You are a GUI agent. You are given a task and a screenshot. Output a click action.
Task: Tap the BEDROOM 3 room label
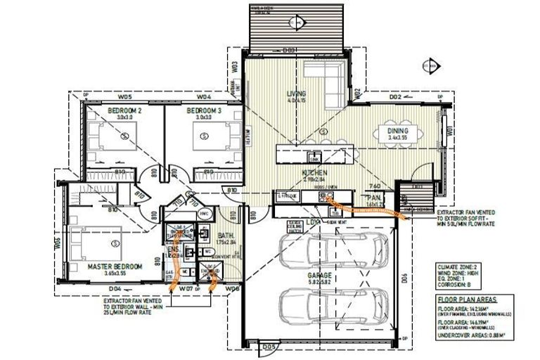tap(204, 111)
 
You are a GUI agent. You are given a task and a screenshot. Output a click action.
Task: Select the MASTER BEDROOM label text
tap(115, 266)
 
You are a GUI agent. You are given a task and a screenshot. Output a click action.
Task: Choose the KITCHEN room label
tap(315, 172)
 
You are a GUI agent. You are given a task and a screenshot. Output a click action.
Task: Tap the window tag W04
tap(204, 97)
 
